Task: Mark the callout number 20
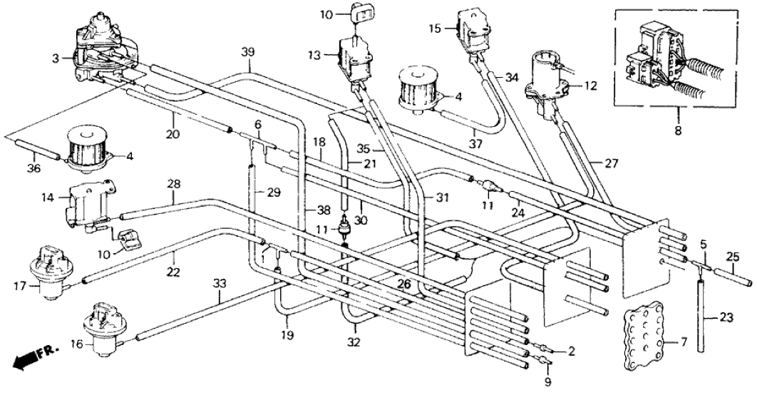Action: [171, 133]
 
